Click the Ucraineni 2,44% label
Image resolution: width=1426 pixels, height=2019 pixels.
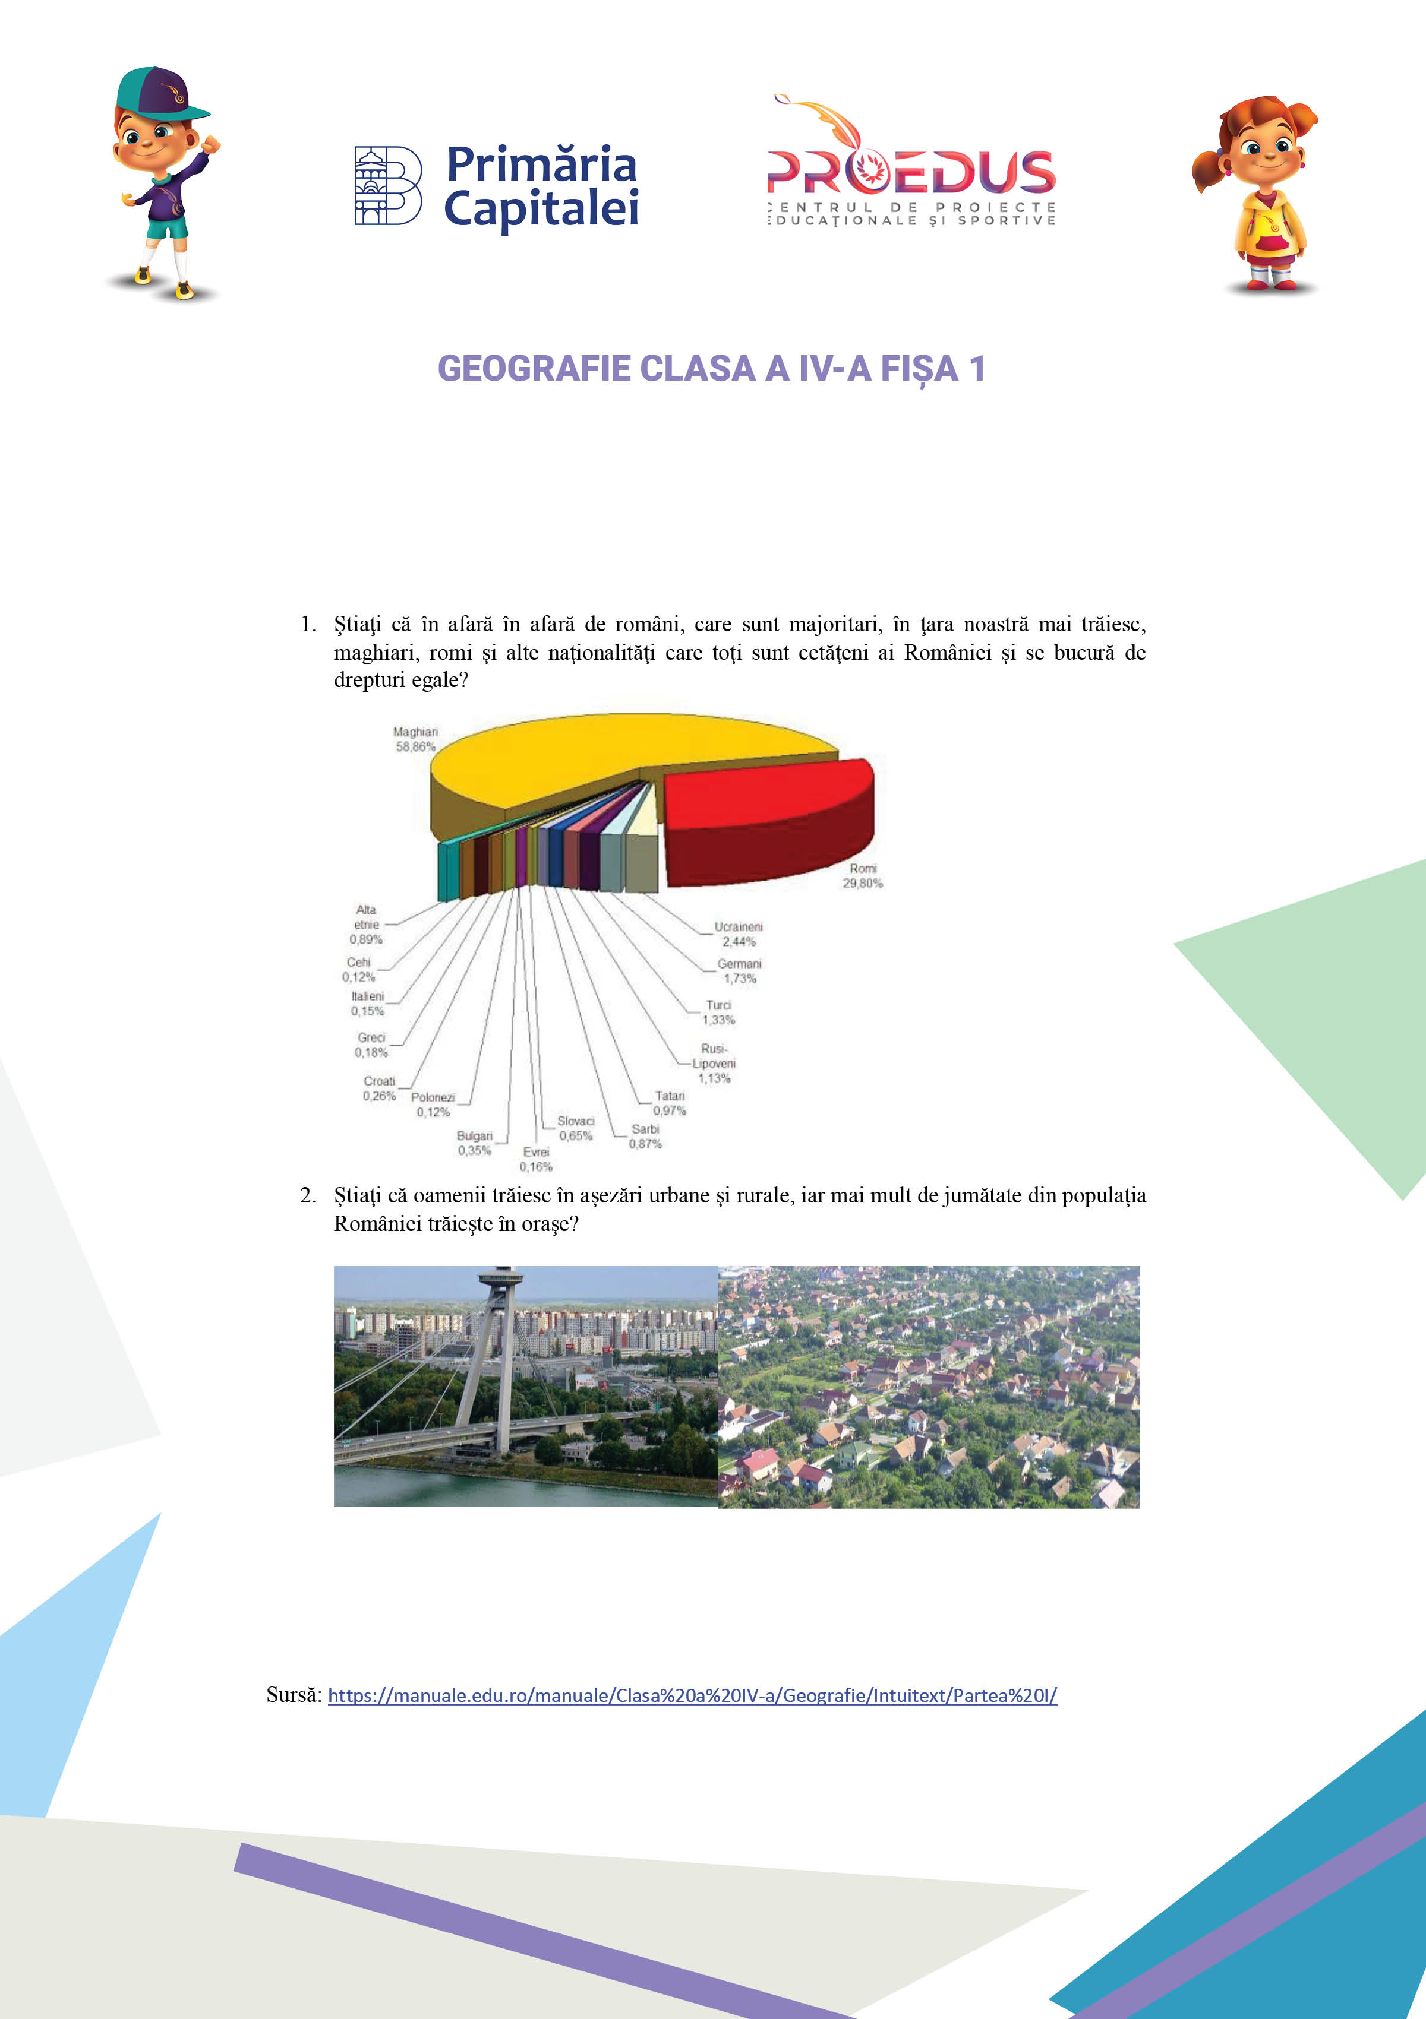(x=738, y=934)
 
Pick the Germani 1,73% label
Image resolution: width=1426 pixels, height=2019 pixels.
(x=739, y=971)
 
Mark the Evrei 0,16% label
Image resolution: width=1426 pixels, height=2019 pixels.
(x=536, y=1159)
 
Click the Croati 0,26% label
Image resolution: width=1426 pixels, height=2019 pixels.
(x=379, y=1088)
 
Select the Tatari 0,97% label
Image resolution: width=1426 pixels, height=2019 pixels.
(x=670, y=1103)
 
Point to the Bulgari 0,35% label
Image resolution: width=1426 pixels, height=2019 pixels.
(x=474, y=1143)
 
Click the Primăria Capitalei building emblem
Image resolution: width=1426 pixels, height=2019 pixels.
(x=387, y=185)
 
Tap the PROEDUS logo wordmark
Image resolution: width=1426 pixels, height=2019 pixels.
(x=910, y=172)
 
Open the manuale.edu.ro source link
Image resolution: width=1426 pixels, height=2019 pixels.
(x=692, y=1695)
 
